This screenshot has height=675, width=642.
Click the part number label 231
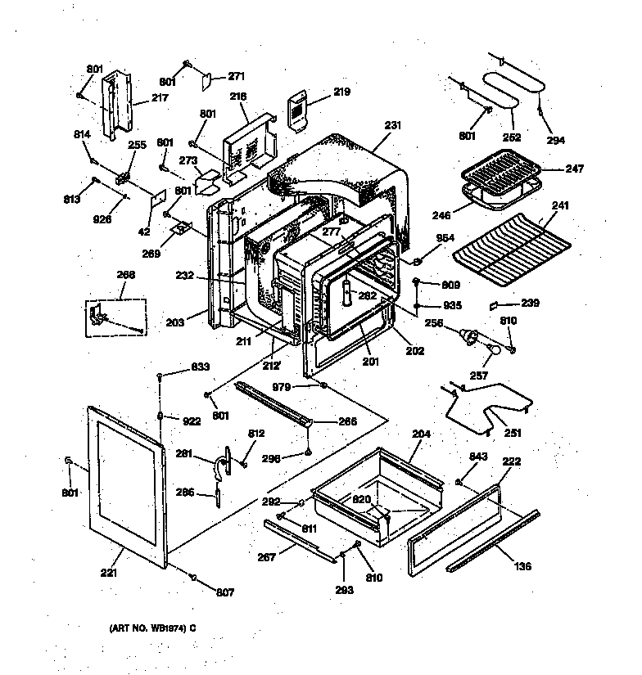[393, 125]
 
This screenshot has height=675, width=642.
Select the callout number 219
[341, 92]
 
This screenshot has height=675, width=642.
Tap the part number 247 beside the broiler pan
[575, 169]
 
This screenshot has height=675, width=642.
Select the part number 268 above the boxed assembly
[124, 275]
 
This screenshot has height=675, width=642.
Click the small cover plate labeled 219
[298, 110]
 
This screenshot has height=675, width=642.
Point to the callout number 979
[303, 386]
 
